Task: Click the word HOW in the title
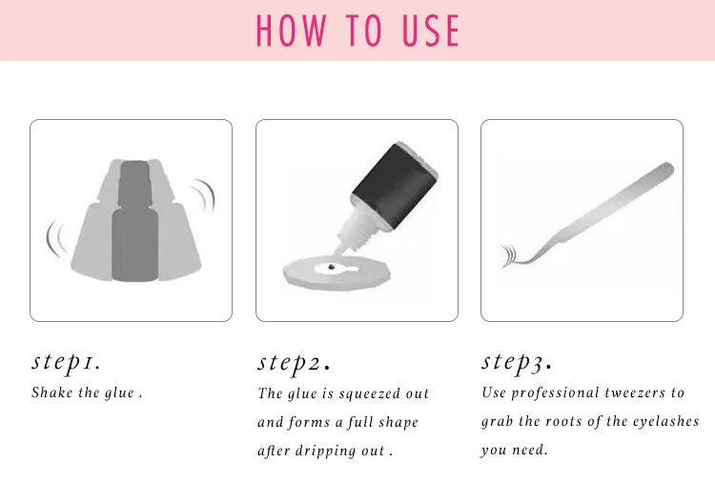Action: pos(291,30)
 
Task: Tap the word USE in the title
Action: pos(431,30)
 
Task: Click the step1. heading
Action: pos(66,363)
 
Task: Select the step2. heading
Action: pos(294,363)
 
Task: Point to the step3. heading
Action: pos(517,363)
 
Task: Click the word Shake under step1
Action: pos(52,392)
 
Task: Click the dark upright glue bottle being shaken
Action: pos(134,221)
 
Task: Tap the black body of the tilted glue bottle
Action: pos(396,185)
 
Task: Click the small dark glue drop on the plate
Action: pos(332,267)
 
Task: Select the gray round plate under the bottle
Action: pos(337,272)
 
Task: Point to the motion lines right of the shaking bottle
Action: pos(205,195)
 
